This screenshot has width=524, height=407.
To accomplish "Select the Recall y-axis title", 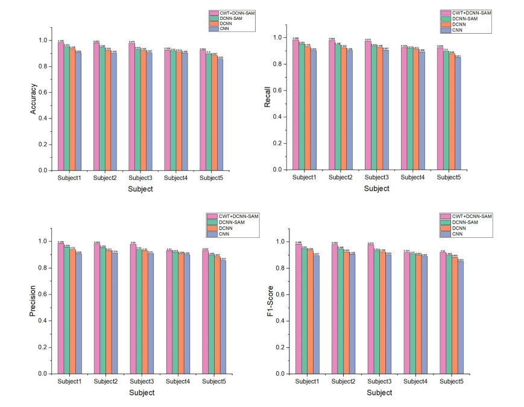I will coord(268,96).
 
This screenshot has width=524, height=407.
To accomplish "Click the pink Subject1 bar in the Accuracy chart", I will coord(61,108).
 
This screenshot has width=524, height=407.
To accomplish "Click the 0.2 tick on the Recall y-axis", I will coord(278,143).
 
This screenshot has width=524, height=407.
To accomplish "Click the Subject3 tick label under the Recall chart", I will coord(377,177).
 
